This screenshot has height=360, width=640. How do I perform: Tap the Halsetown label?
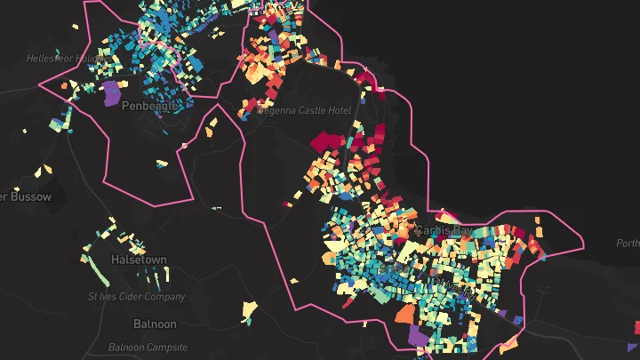tap(139, 260)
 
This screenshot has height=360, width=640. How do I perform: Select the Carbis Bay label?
tap(441, 231)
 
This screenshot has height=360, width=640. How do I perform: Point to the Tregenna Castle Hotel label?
tap(304, 111)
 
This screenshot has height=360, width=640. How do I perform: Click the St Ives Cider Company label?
tap(137, 297)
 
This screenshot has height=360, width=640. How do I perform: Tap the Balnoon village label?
tap(155, 324)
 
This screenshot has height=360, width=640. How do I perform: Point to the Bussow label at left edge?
tap(26, 196)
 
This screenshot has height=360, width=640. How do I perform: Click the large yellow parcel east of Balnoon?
tap(250, 309)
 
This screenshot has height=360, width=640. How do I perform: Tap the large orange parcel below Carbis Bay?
tap(404, 313)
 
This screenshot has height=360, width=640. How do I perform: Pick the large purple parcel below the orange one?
tap(417, 335)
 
